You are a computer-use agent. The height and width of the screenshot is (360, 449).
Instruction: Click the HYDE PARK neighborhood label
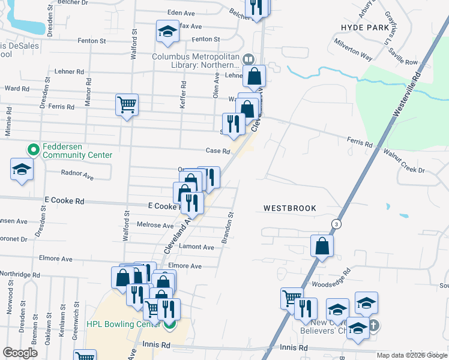point(366,28)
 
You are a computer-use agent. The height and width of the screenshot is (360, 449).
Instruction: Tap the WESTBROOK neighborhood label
point(290,208)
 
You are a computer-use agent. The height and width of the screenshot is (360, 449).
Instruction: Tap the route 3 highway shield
point(334,224)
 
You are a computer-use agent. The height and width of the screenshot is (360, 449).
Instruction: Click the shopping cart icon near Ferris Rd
point(127,105)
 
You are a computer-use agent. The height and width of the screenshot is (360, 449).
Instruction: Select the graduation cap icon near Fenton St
point(167,31)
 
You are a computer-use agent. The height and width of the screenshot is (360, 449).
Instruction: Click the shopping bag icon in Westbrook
point(322,245)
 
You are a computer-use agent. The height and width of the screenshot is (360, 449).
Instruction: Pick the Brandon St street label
point(229,227)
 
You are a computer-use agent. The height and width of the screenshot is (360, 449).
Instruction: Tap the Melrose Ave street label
point(155,225)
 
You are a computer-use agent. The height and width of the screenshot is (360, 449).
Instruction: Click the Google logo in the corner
point(20,353)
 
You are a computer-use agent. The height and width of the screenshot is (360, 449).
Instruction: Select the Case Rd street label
point(218,152)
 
